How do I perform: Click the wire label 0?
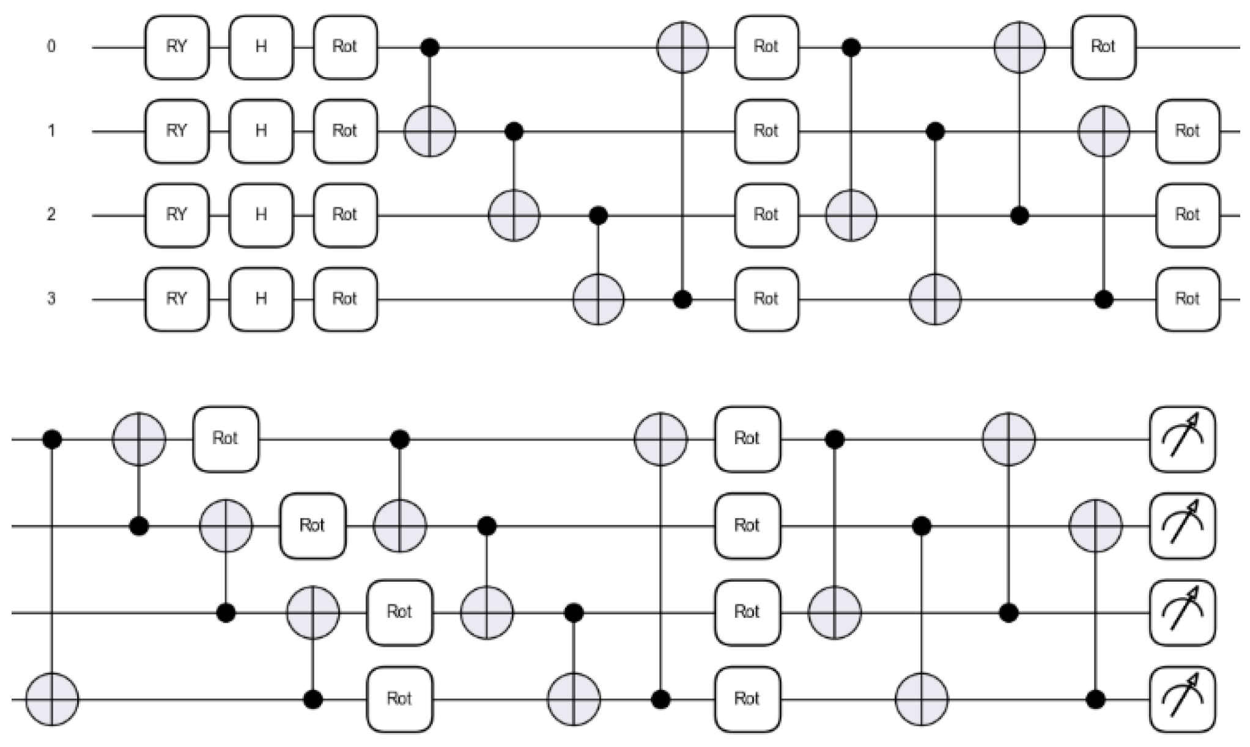point(51,46)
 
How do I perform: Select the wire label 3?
point(51,299)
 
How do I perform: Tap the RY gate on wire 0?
point(177,47)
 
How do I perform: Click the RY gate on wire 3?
point(177,299)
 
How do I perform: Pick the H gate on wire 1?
point(261,131)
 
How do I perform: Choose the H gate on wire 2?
point(261,215)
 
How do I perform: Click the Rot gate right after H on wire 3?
point(345,299)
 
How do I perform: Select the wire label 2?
point(51,215)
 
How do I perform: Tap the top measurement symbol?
point(1182,439)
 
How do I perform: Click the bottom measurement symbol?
point(1182,699)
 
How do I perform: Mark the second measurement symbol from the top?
point(1182,526)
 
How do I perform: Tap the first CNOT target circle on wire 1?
point(430,131)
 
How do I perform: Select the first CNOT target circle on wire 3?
point(598,300)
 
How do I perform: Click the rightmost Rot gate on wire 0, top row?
point(1103,47)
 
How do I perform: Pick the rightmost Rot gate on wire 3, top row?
point(1187,299)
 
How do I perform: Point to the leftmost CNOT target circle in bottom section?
point(53,699)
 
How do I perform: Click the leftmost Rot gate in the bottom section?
point(226,439)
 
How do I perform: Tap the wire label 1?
point(51,131)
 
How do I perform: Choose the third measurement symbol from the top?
point(1182,612)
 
